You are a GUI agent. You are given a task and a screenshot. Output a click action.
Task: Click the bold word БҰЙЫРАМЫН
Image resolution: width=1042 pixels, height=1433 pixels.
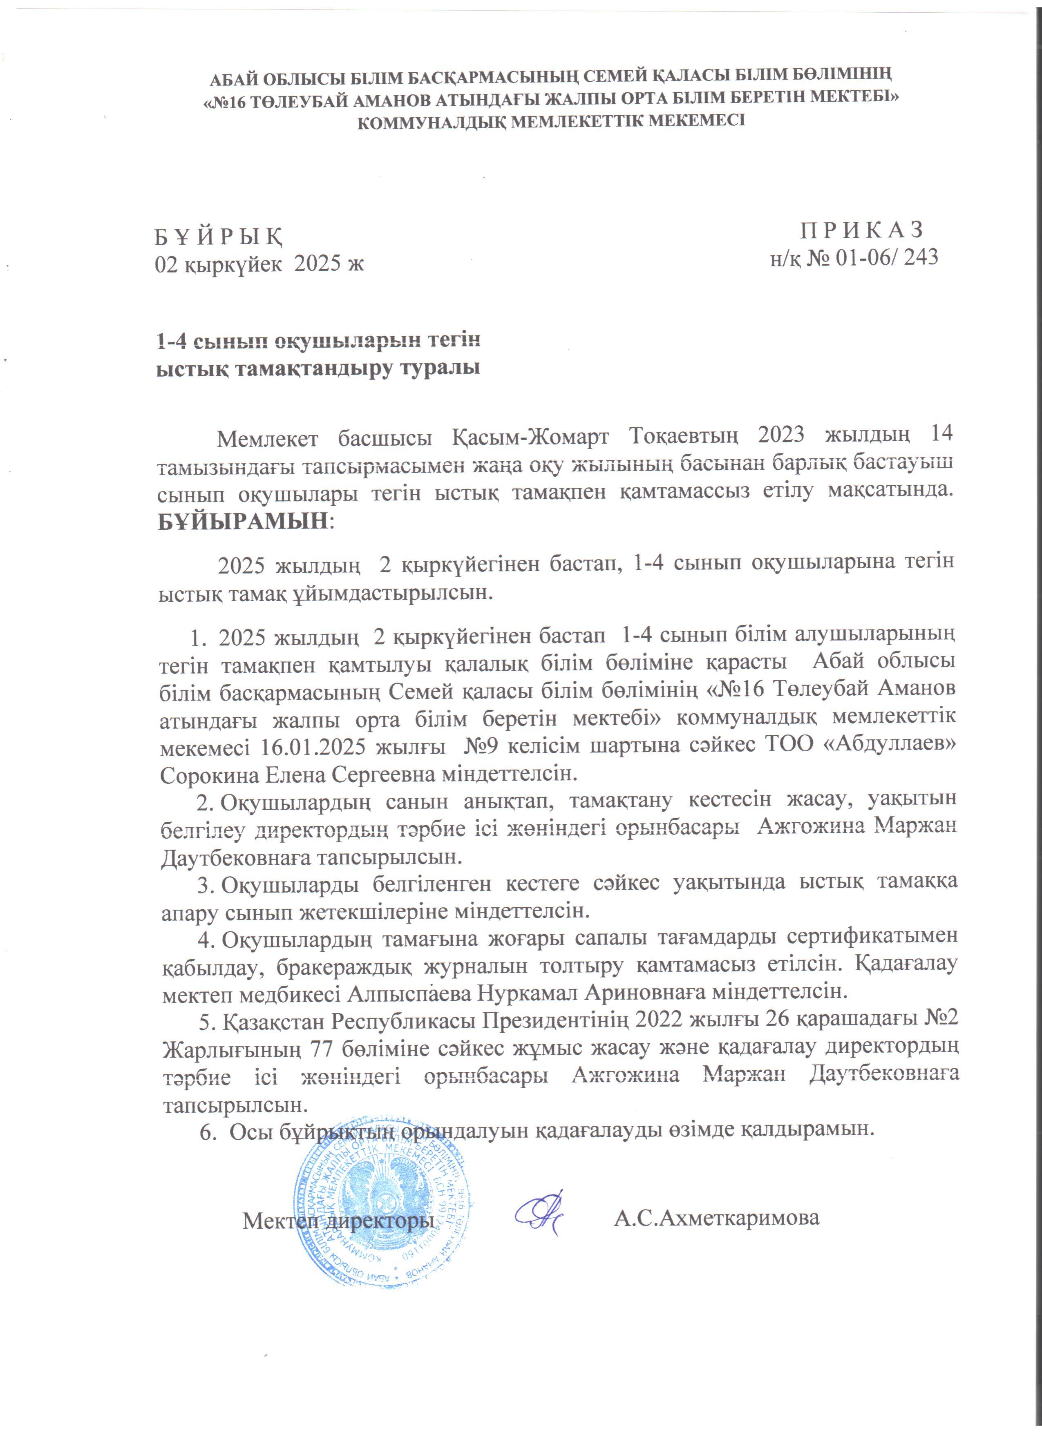(243, 521)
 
